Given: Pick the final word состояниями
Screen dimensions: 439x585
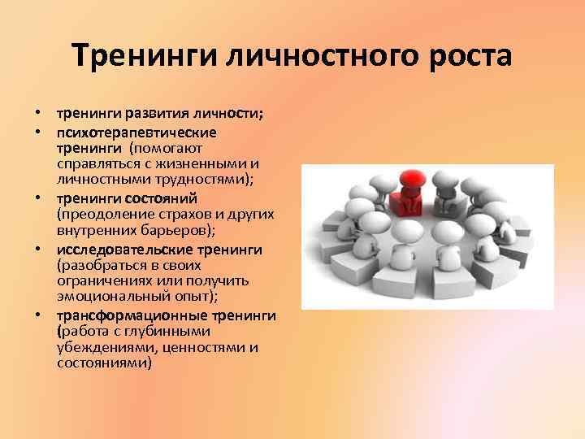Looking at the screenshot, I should (104, 363).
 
